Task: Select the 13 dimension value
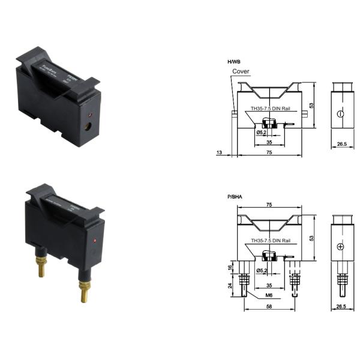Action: [x=219, y=153]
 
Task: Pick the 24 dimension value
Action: [x=230, y=286]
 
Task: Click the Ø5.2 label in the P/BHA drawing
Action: [x=262, y=271]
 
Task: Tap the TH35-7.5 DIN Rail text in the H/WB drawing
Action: [x=271, y=110]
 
